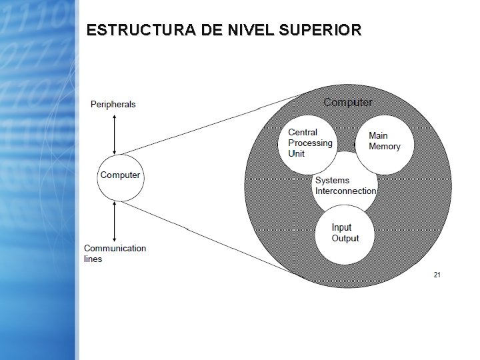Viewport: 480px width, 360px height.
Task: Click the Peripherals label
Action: pos(113,104)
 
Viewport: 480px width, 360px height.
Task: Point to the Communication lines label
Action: pos(115,253)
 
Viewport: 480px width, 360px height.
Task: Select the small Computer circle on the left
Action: pos(120,176)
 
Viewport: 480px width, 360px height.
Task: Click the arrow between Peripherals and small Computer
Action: pos(116,133)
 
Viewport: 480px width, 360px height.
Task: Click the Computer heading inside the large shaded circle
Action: pos(347,103)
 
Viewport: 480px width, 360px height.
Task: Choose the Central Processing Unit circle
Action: pos(309,145)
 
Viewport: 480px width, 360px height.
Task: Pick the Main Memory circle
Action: pos(385,142)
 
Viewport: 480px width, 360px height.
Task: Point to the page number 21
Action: pos(437,275)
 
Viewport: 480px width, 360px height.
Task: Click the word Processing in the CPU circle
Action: pos(310,143)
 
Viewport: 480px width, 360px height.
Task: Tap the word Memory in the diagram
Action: pos(385,147)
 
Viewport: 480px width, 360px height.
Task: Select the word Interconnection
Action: pos(345,191)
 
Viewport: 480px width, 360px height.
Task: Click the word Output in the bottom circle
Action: pos(345,239)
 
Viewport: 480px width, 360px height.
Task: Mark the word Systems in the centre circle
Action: pos(332,181)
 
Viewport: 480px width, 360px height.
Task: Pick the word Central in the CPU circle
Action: pos(303,133)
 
